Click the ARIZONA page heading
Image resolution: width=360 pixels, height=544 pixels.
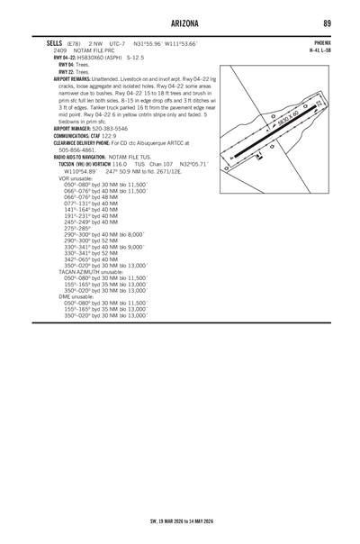point(180,21)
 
